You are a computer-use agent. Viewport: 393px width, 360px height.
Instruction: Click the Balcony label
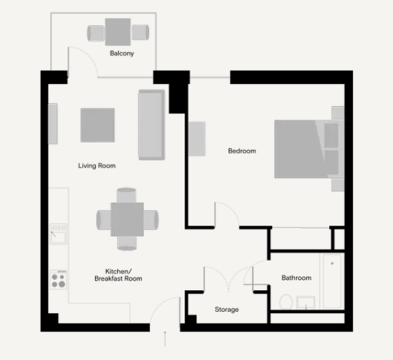click(122, 53)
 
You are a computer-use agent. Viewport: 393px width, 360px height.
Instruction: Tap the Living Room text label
click(96, 166)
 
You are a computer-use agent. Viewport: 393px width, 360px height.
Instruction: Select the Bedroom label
click(242, 151)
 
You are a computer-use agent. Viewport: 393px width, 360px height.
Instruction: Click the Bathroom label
click(296, 278)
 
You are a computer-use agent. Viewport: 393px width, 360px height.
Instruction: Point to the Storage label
click(226, 310)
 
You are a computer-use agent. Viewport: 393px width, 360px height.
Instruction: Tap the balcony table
click(118, 32)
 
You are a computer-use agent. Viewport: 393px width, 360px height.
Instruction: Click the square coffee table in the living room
click(98, 125)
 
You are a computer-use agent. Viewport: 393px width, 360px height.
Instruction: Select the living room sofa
click(151, 124)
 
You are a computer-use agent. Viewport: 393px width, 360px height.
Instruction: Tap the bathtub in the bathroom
click(332, 281)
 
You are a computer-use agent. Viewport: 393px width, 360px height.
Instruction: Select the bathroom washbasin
click(306, 302)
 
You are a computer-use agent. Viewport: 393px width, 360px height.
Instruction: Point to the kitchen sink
click(59, 235)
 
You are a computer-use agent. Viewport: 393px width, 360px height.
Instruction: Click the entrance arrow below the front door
click(165, 341)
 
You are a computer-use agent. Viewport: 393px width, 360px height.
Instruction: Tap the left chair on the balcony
click(96, 33)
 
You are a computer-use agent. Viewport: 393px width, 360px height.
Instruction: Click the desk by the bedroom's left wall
click(196, 138)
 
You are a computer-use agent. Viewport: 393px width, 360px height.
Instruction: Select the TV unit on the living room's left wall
click(53, 124)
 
